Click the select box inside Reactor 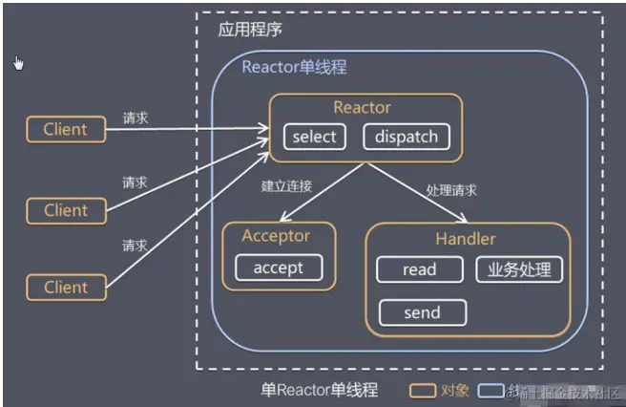314,137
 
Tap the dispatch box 406,137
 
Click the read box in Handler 419,269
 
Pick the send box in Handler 422,312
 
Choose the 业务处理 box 518,269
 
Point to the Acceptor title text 277,236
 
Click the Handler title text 467,239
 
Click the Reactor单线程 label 294,67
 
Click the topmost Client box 65,129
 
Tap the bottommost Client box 65,287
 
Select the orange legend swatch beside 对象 424,391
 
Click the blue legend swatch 490,391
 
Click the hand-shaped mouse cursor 18,63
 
